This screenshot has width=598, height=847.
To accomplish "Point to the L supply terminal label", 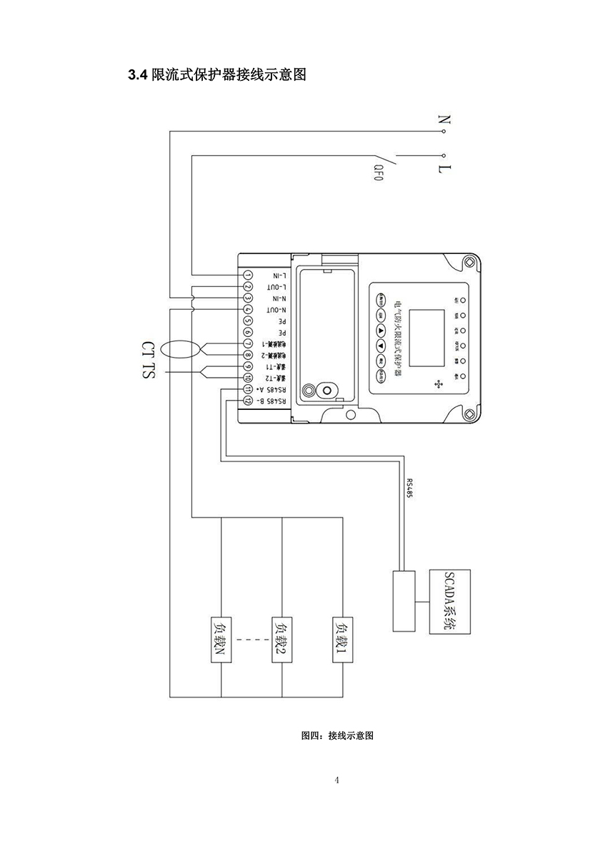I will pyautogui.click(x=444, y=170).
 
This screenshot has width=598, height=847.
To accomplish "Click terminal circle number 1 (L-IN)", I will pyautogui.click(x=247, y=275).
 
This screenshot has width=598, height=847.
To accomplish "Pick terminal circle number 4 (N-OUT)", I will pyautogui.click(x=247, y=310).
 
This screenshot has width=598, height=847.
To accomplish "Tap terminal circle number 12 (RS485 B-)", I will pyautogui.click(x=247, y=401).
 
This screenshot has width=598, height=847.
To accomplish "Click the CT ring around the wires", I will pyautogui.click(x=179, y=350).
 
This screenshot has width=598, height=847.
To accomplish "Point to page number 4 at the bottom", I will pyautogui.click(x=337, y=779).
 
